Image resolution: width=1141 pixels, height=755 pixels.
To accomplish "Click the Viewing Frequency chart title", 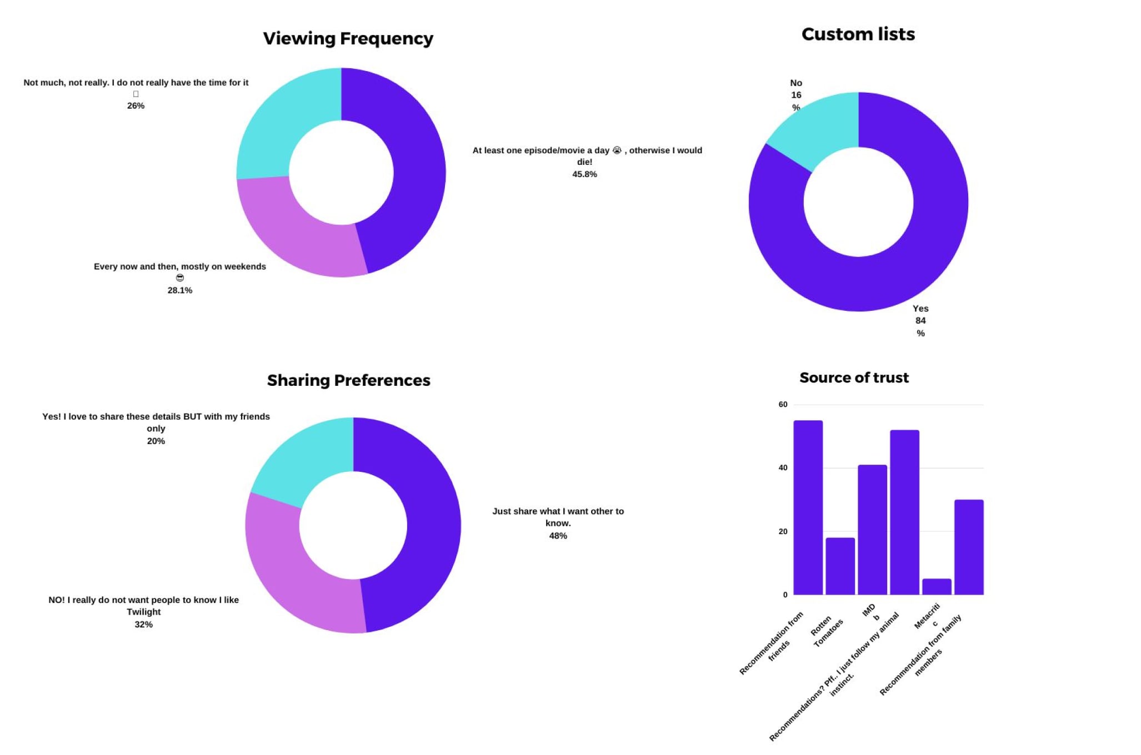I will [348, 38].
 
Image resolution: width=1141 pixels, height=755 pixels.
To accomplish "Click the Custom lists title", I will [858, 34].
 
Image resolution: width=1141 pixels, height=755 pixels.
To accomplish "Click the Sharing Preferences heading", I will [348, 380].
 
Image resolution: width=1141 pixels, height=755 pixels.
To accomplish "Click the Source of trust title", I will [854, 377].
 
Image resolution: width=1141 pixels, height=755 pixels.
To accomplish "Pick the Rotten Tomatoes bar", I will [840, 566].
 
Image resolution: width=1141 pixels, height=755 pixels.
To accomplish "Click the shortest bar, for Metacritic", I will [937, 587].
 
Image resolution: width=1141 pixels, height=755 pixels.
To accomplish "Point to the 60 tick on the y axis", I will [783, 404].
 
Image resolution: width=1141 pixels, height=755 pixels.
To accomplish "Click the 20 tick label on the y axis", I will [783, 531].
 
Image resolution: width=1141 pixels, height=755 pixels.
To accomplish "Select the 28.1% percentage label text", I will [180, 290].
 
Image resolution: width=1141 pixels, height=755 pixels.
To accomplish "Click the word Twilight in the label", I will [143, 612].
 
